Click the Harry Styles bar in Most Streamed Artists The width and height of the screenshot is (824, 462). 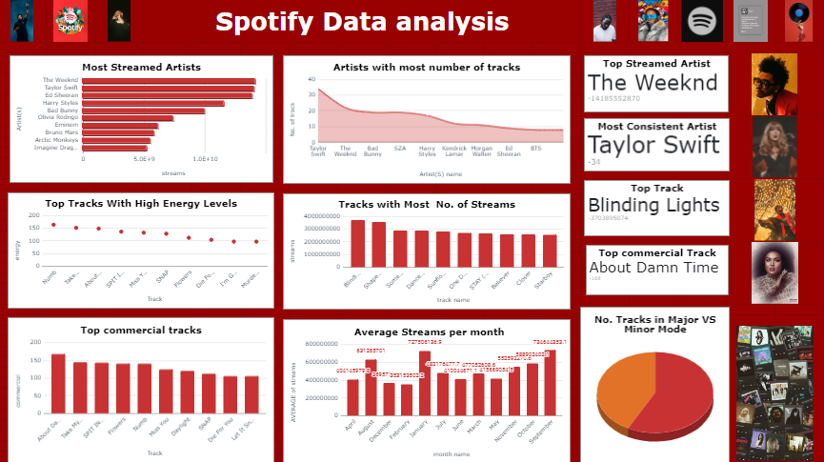point(153,103)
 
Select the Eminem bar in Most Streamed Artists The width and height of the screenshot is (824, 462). point(120,126)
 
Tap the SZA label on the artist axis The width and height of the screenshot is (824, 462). point(400,149)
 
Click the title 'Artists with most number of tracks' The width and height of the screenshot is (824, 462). point(427,67)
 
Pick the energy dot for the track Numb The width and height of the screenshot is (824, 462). point(53,225)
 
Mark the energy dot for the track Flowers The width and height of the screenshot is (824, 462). point(189,237)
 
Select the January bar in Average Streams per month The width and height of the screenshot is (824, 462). point(425,383)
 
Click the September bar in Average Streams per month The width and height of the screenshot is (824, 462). point(550,383)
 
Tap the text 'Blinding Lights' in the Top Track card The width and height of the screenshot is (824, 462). point(653,205)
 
